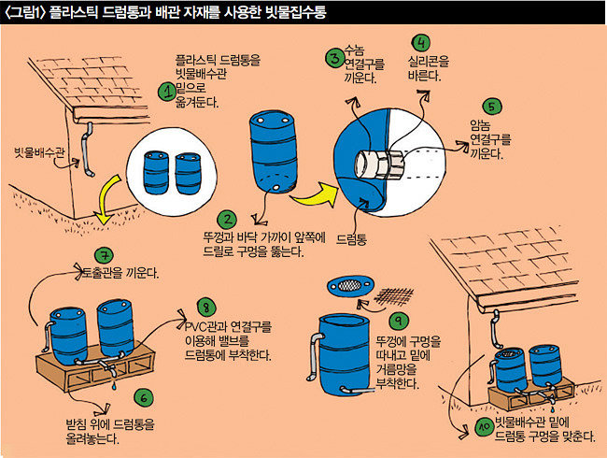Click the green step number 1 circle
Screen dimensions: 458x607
167,91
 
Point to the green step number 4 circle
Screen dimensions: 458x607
422,43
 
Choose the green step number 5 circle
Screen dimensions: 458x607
494,107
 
